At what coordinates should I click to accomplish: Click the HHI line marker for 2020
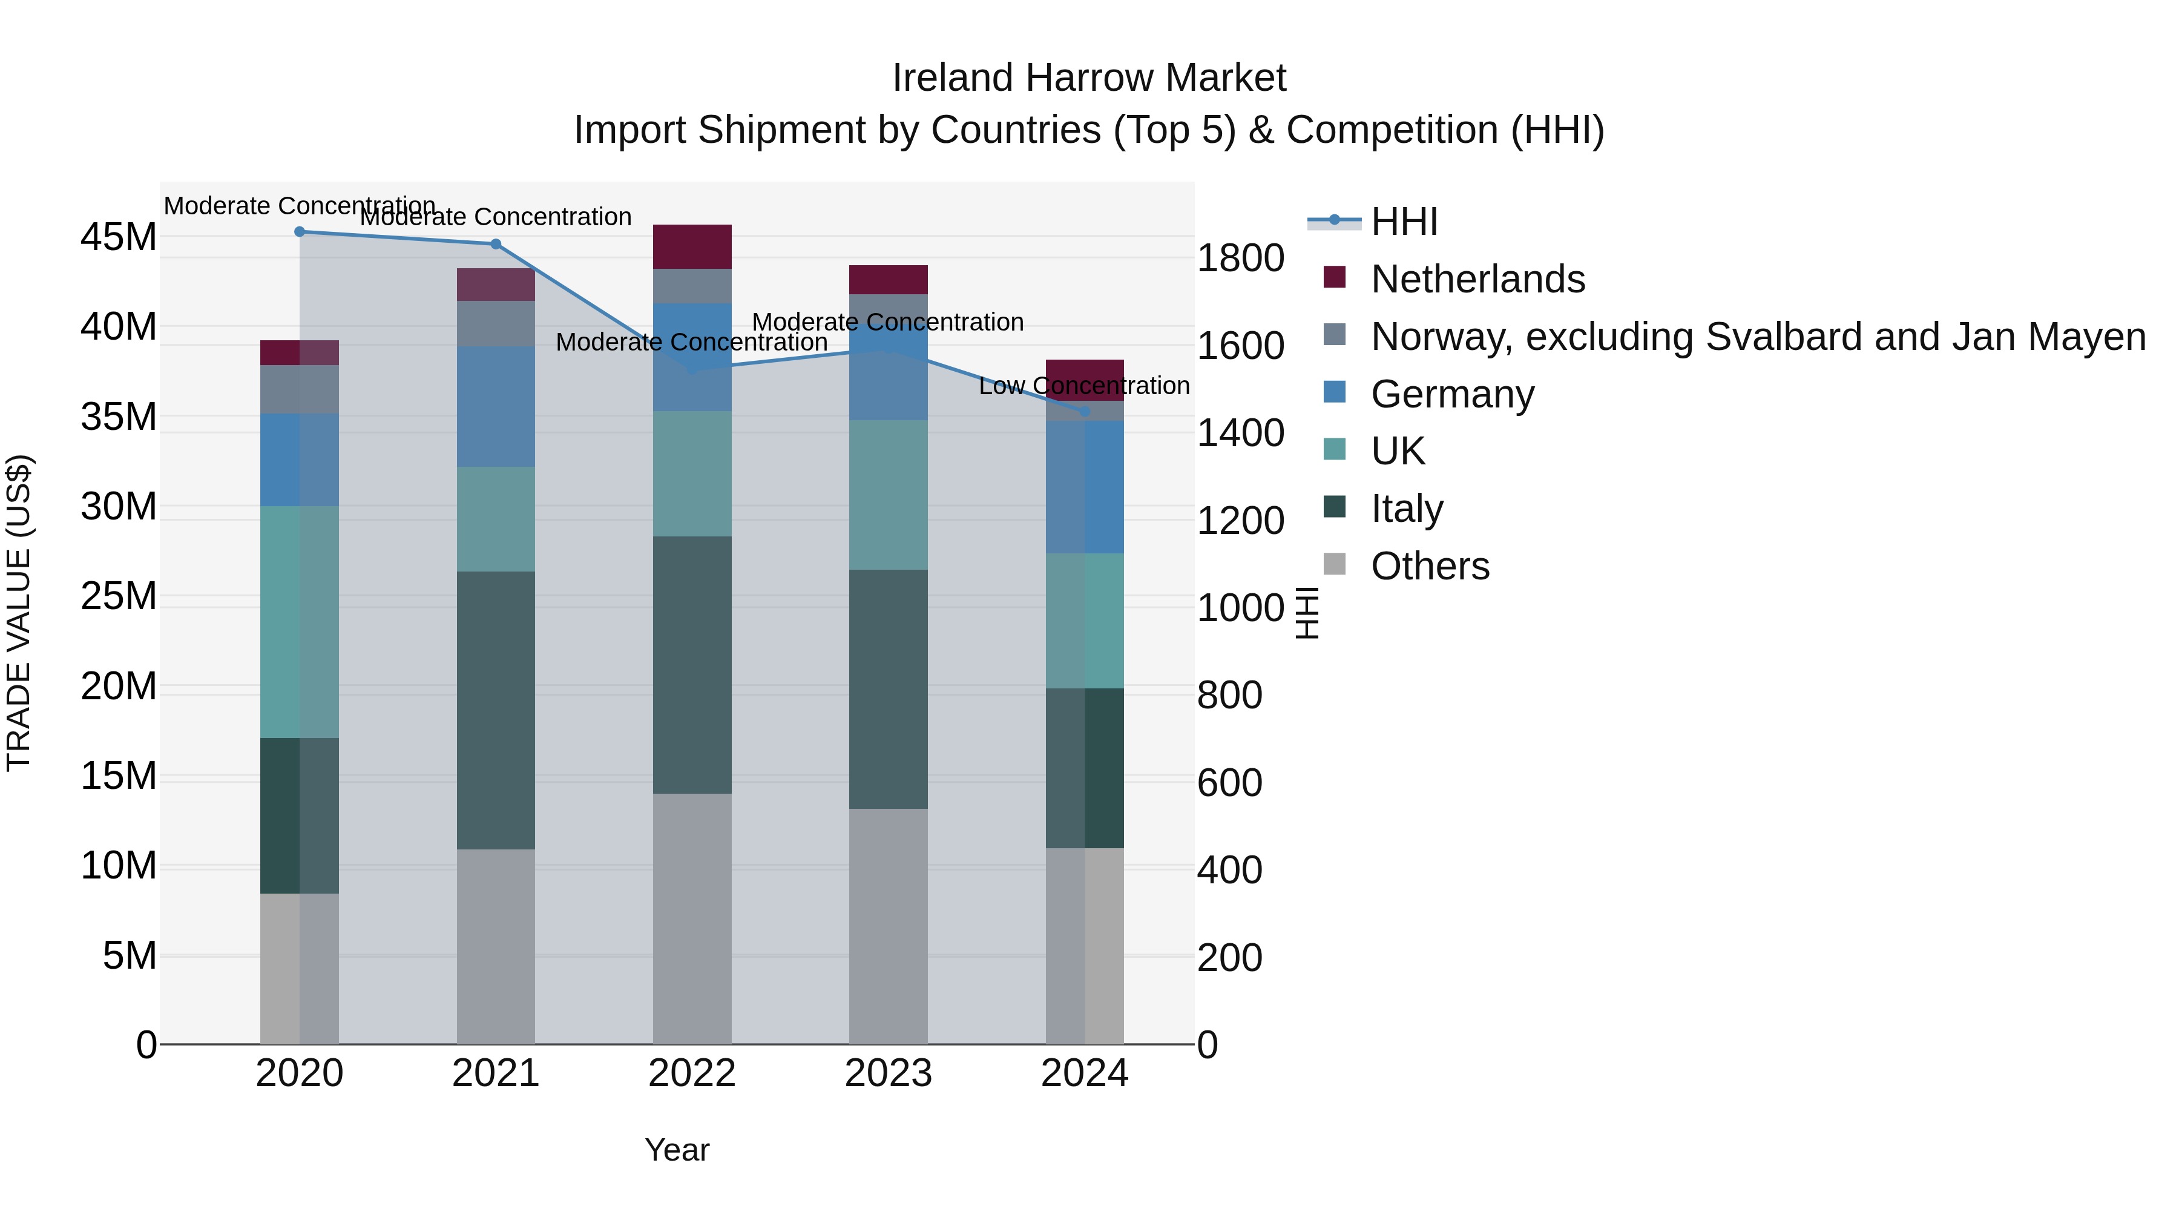click(x=300, y=232)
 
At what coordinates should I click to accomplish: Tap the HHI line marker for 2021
click(x=496, y=245)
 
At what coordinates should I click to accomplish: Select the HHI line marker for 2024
click(x=1085, y=412)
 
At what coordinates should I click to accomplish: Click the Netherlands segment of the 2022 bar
click(x=692, y=247)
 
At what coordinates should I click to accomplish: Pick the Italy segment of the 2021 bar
click(x=496, y=711)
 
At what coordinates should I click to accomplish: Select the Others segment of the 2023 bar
click(x=888, y=926)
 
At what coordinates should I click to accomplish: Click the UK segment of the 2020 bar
click(x=300, y=622)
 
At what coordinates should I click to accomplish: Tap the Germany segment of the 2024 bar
click(x=1085, y=487)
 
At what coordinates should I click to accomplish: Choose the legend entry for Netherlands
click(x=1477, y=279)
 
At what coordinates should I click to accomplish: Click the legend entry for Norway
click(x=1758, y=337)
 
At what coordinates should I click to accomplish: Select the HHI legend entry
click(x=1404, y=222)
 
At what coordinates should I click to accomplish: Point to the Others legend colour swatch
click(x=1334, y=564)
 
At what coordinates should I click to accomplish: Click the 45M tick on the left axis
click(x=119, y=237)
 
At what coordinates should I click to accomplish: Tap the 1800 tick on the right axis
click(x=1240, y=258)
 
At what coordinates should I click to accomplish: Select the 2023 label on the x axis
click(x=888, y=1073)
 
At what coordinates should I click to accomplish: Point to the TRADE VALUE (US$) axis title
click(x=19, y=613)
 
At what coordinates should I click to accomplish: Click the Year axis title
click(x=677, y=1150)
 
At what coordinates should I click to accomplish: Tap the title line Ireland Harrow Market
click(x=1089, y=78)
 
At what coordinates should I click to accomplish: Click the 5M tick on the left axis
click(x=130, y=956)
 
